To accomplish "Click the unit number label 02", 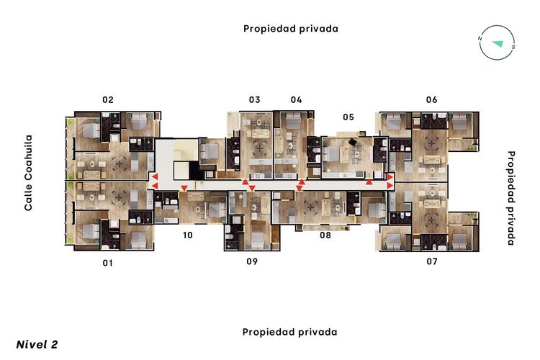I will click(x=107, y=100).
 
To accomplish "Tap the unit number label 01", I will click(x=107, y=263).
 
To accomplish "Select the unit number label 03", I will click(x=254, y=99).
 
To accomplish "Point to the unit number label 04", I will click(x=297, y=99).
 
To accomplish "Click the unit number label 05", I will click(x=348, y=117).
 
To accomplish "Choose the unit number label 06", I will click(x=431, y=99).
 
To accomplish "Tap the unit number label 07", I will click(x=431, y=261).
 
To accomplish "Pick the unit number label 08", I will click(x=325, y=235).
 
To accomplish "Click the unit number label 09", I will click(x=252, y=261).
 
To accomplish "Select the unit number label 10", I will click(x=187, y=235).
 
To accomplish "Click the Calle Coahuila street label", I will click(x=29, y=173).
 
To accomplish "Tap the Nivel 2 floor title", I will click(x=37, y=344).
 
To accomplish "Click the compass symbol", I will click(x=497, y=42).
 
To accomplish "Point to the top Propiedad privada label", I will click(x=290, y=29).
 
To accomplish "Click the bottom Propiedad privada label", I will click(x=289, y=333).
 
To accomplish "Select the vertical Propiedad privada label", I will click(x=512, y=198).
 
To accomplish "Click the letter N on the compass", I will click(x=480, y=39).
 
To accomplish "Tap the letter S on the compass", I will click(x=513, y=47).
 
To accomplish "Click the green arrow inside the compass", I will click(x=497, y=44).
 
